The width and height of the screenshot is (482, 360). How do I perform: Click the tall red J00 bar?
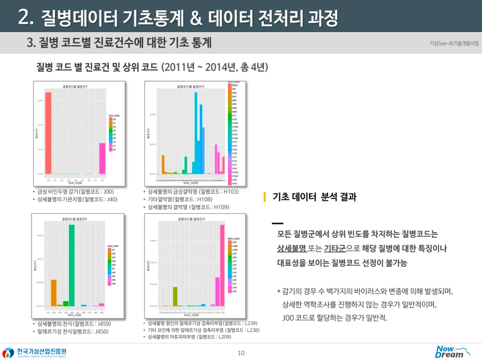pos(48,133)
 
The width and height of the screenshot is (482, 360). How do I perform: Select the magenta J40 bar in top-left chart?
pos(102,158)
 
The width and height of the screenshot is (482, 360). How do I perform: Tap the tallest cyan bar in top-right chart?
pos(196,133)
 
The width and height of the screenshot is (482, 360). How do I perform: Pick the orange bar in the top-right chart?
pos(163,164)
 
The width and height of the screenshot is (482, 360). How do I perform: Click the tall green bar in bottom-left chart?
pos(72,265)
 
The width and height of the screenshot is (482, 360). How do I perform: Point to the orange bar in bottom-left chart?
pos(54,293)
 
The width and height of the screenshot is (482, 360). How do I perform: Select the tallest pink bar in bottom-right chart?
pos(222,265)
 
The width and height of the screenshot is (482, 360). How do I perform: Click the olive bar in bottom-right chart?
pos(175,296)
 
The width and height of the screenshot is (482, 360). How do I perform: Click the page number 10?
pos(241,353)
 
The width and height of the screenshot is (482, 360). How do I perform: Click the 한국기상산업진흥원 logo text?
pos(42,351)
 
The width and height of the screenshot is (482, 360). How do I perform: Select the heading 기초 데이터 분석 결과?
pos(314,197)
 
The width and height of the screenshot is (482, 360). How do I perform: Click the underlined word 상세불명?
pos(291,249)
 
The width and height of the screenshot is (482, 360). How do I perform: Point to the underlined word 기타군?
pos(335,249)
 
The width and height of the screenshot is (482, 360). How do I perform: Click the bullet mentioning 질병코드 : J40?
pos(77,199)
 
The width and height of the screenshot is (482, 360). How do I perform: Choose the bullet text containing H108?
pos(180,199)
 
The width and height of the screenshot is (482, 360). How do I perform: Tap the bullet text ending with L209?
pos(189,337)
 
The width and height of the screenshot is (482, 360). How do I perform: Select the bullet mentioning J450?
pos(73,331)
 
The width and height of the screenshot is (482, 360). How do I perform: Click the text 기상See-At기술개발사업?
pos(454,43)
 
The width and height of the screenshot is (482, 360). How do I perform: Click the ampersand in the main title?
pos(196,18)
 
